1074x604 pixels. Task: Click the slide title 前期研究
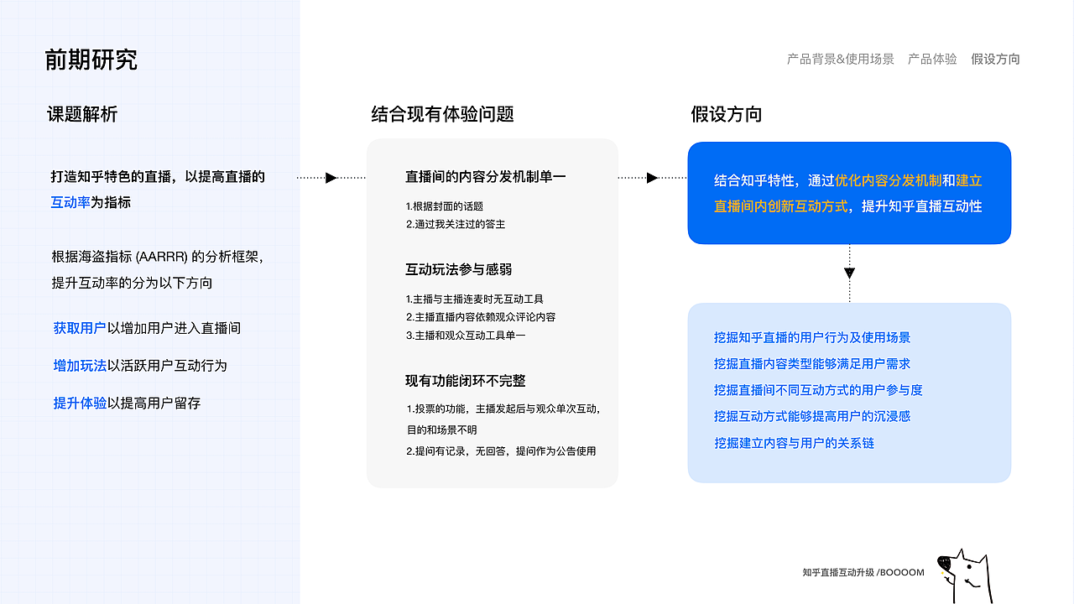point(91,60)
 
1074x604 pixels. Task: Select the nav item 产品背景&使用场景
point(840,59)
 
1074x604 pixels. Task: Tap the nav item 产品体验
point(932,59)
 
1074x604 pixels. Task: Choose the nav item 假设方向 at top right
point(995,59)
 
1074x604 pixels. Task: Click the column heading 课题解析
point(82,114)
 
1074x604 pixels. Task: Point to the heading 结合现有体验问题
point(442,114)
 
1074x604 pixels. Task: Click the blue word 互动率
point(70,202)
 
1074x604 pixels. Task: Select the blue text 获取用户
point(80,328)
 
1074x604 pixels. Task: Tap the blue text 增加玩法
point(80,365)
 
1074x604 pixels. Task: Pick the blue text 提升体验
point(80,403)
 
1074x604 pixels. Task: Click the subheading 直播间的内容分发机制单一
point(486,177)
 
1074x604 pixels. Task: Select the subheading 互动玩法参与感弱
point(458,269)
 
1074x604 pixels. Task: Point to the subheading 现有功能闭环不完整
point(465,381)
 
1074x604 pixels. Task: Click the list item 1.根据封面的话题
point(444,206)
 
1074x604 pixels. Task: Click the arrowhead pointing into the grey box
point(331,177)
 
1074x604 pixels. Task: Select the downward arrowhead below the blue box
point(849,273)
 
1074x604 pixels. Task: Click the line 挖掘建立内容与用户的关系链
point(794,443)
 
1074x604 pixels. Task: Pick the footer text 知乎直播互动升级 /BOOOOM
point(863,573)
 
